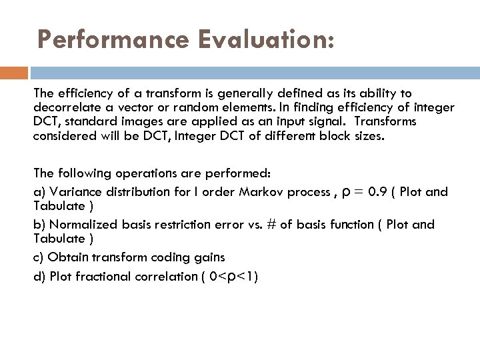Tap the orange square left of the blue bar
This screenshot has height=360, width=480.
14,73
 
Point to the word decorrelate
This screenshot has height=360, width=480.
67,107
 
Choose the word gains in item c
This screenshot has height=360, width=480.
207,257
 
